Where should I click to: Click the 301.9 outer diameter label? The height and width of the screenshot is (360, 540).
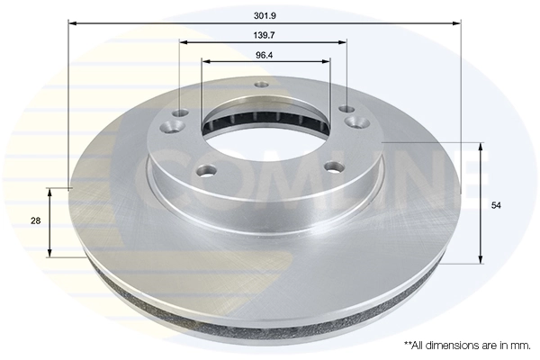tap(263, 15)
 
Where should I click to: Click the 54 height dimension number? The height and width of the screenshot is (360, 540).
tap(496, 205)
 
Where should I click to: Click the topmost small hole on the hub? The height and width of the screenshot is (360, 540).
tap(262, 85)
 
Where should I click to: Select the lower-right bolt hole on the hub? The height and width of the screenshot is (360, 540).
tap(334, 166)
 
